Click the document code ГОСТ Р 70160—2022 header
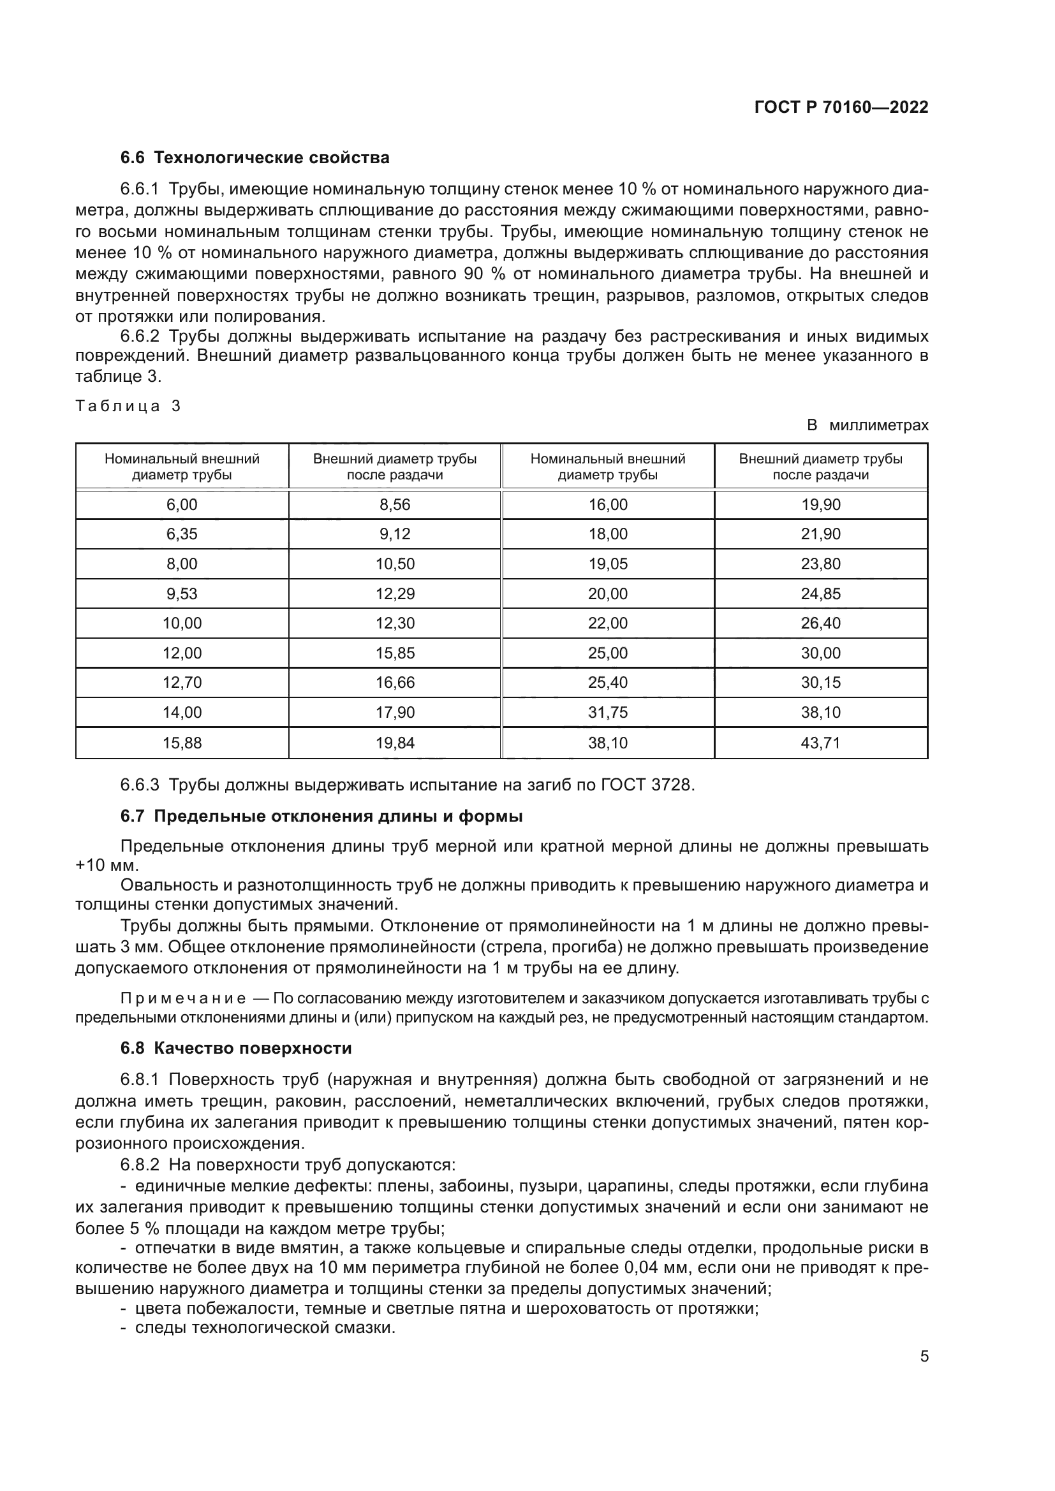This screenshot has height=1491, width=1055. pyautogui.click(x=841, y=108)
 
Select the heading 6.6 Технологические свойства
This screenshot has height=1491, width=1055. pyautogui.click(x=255, y=158)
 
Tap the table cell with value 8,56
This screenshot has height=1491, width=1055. pyautogui.click(x=395, y=505)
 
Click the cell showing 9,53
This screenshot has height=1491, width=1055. pyautogui.click(x=182, y=593)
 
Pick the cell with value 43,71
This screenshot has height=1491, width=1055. pyautogui.click(x=820, y=742)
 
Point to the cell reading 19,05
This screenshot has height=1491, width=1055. pyautogui.click(x=608, y=564)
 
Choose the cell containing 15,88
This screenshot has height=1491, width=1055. pyautogui.click(x=182, y=742)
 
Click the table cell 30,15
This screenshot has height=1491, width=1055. pyautogui.click(x=820, y=683)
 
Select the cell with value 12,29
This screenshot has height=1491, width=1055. pyautogui.click(x=395, y=593)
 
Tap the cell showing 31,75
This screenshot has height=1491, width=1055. pyautogui.click(x=608, y=713)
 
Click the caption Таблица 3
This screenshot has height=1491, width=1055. pyautogui.click(x=128, y=407)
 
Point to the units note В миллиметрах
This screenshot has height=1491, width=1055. pyautogui.click(x=867, y=425)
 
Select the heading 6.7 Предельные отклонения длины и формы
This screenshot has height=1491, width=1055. pyautogui.click(x=321, y=817)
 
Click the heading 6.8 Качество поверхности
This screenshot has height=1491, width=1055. pyautogui.click(x=236, y=1048)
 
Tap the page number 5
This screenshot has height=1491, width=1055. pyautogui.click(x=924, y=1356)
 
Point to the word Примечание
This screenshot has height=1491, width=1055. pyautogui.click(x=183, y=998)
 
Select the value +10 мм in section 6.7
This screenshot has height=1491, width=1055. pyautogui.click(x=107, y=866)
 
